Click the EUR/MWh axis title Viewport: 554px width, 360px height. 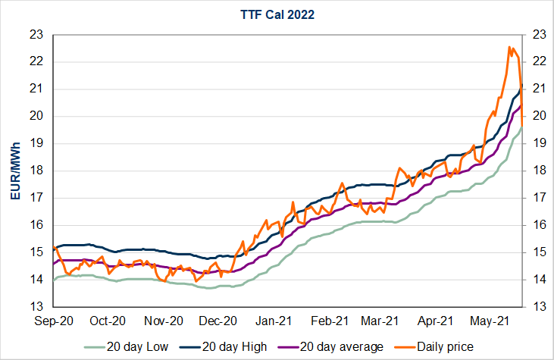tap(16, 171)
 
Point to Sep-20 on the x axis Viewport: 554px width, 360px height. tap(54, 321)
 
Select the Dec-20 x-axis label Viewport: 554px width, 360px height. tap(219, 321)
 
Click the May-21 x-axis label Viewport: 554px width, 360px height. tap(490, 321)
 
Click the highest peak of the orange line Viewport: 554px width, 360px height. tap(509, 47)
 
